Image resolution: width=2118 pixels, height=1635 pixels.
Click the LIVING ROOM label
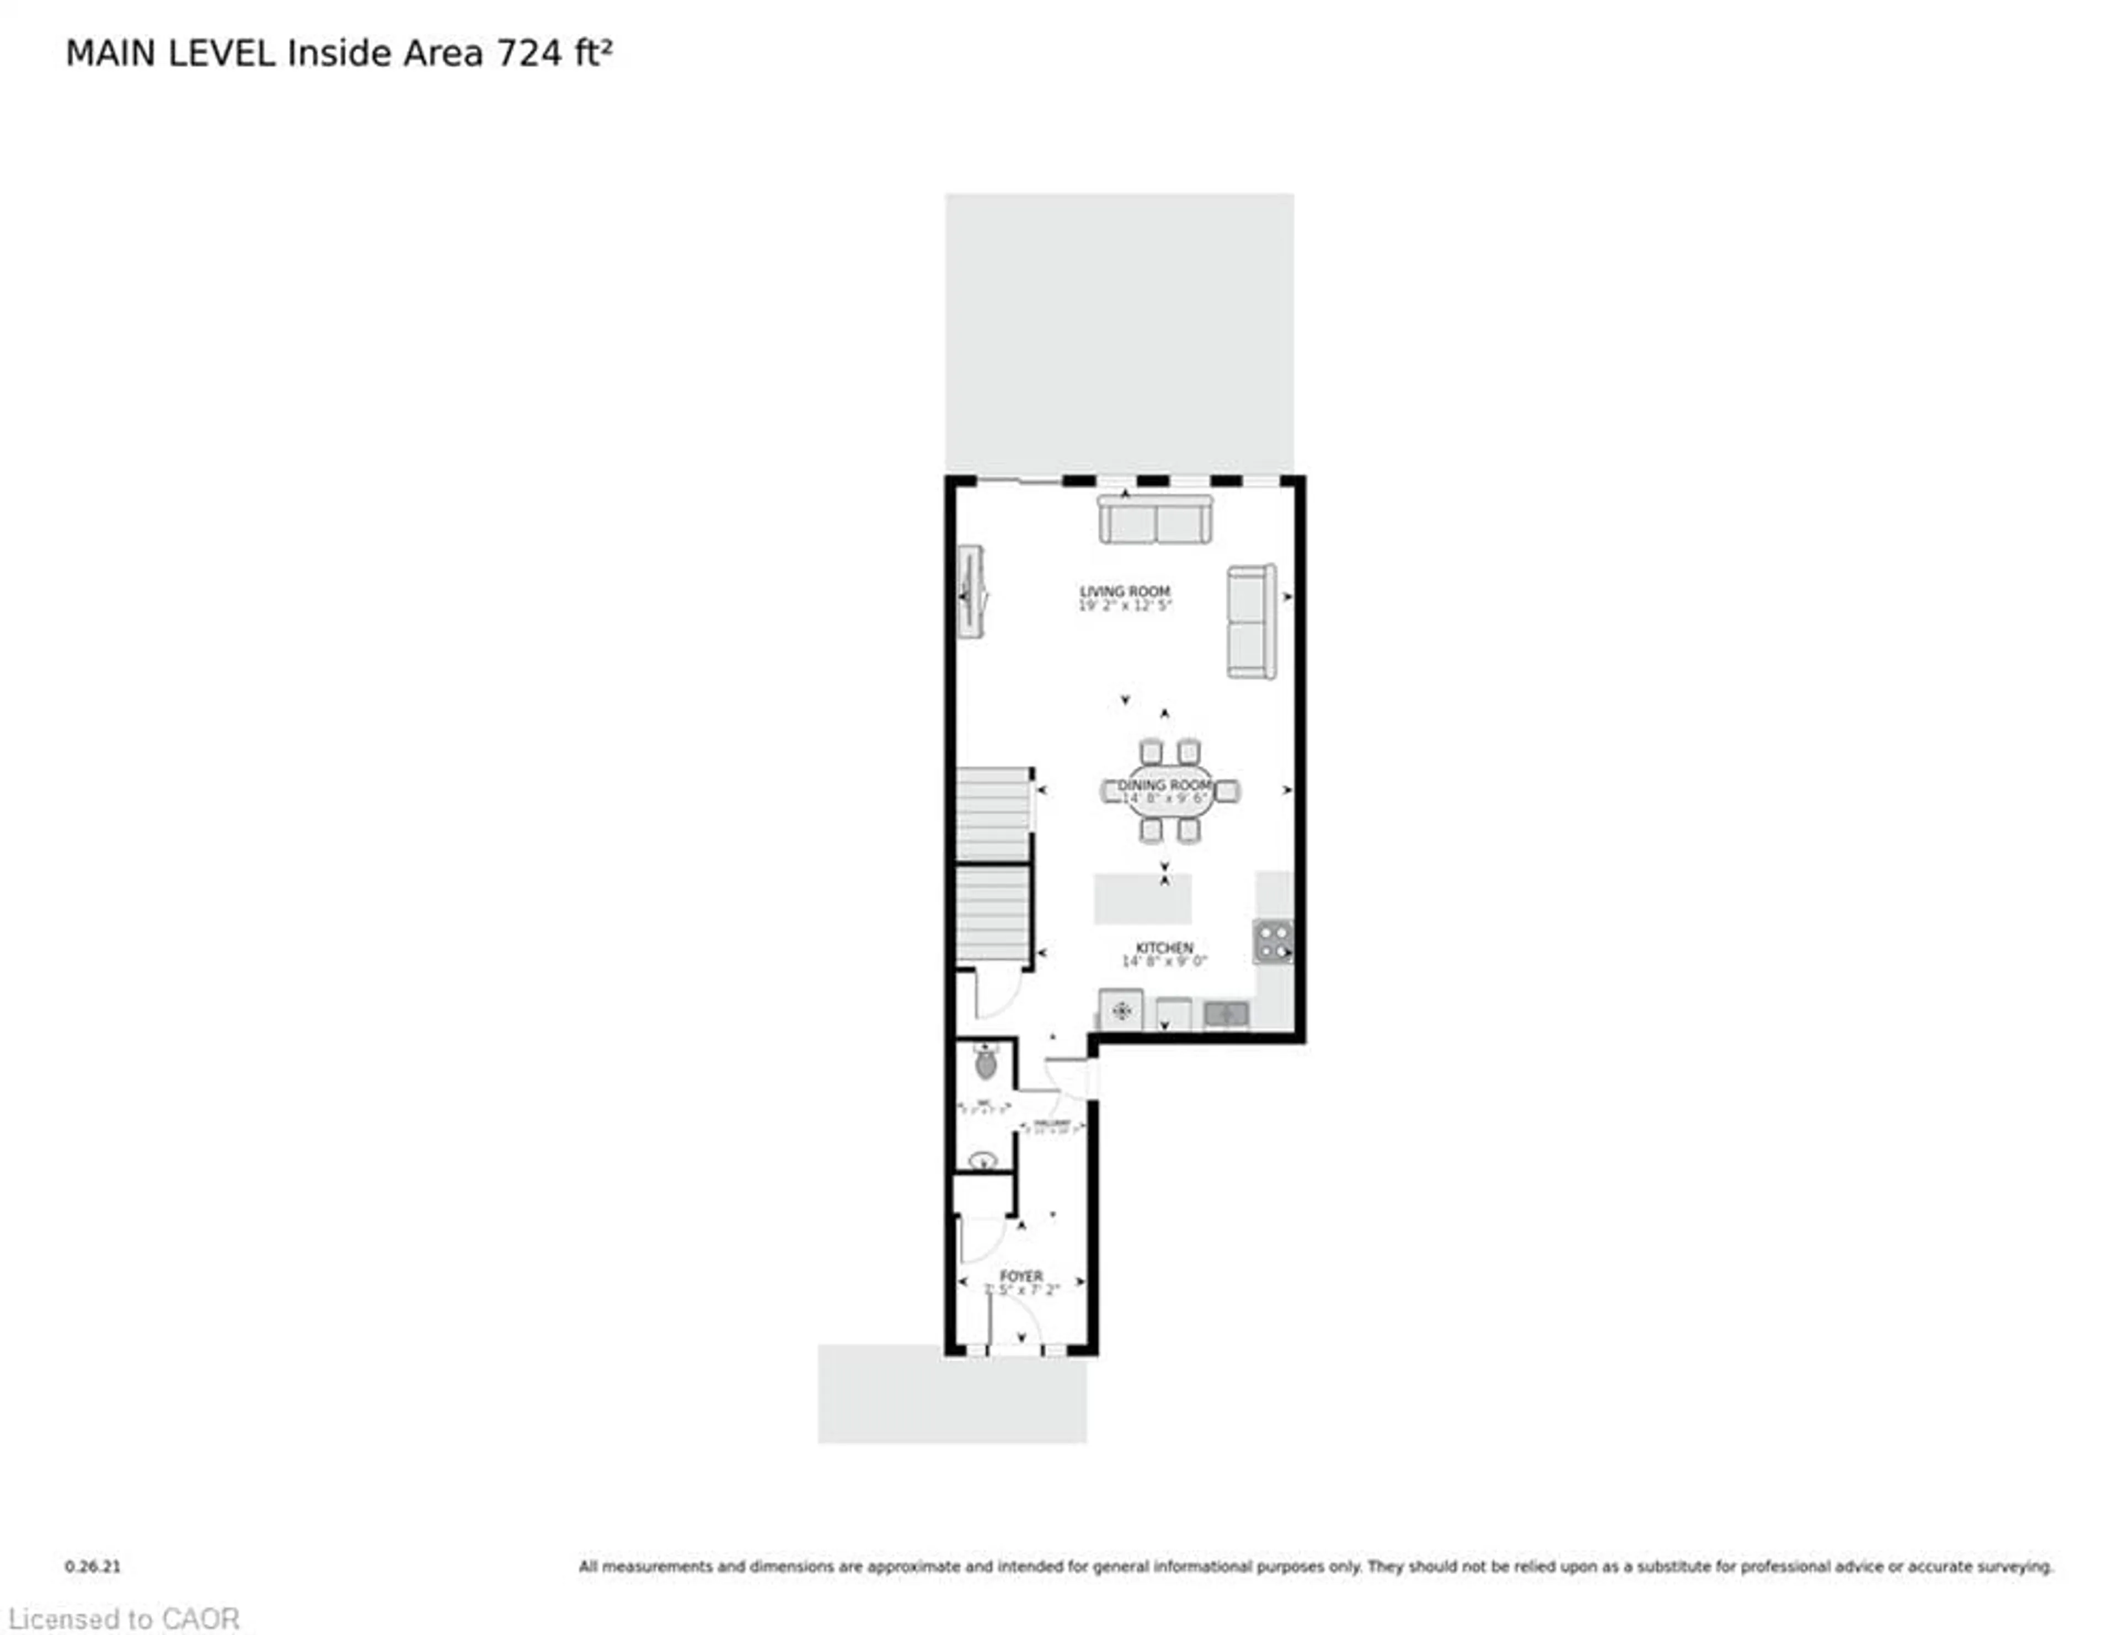tap(1125, 591)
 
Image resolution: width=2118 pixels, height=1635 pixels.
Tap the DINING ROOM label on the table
tap(1165, 784)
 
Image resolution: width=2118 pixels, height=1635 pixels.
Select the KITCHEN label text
tap(1164, 948)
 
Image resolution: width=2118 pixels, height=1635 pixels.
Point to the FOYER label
tap(1021, 1276)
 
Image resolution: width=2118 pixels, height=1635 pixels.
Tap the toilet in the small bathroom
tap(985, 1064)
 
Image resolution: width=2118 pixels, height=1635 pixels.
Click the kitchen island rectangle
tap(1142, 899)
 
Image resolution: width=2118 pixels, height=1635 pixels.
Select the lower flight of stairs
tap(993, 915)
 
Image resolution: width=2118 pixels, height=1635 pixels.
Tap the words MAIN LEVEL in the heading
tap(170, 54)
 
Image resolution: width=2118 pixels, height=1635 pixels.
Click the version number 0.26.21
tap(93, 1566)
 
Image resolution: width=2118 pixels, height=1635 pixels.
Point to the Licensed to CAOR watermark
tap(124, 1618)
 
